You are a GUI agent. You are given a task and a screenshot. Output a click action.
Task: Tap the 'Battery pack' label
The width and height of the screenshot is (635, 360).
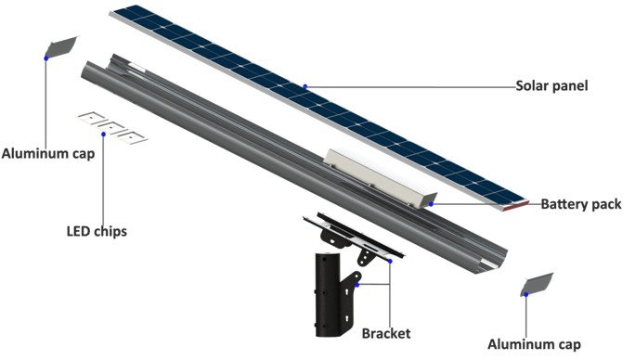tap(580, 204)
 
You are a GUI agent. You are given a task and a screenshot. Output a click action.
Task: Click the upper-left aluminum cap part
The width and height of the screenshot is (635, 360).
tap(62, 45)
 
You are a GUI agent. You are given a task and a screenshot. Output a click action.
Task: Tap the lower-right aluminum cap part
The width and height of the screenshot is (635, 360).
tap(537, 283)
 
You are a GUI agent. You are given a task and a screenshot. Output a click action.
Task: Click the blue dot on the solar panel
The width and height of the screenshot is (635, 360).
tap(305, 87)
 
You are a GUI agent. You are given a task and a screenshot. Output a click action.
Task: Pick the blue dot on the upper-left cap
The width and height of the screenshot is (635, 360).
tap(46, 58)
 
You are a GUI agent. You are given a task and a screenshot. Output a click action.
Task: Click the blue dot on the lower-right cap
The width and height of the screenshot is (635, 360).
tap(525, 294)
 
